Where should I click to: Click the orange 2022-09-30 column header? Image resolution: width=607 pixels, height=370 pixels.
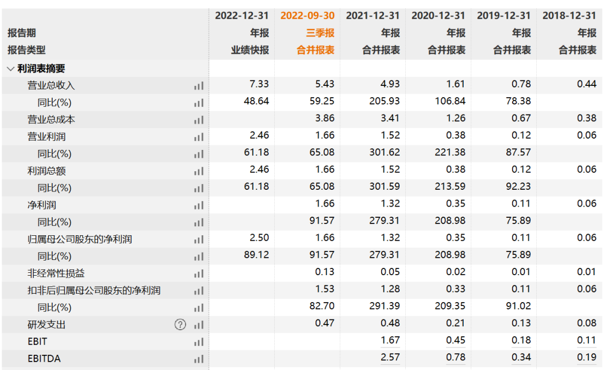click(307, 16)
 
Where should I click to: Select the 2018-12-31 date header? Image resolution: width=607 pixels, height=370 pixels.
click(569, 16)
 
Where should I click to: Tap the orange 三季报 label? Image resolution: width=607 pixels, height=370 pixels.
click(320, 33)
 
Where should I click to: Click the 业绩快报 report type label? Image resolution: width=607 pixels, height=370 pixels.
click(250, 50)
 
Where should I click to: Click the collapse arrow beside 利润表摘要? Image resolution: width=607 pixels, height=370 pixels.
click(11, 69)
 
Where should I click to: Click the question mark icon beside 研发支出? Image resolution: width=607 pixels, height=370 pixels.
click(180, 325)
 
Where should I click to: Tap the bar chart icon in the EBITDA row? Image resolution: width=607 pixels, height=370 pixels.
click(198, 359)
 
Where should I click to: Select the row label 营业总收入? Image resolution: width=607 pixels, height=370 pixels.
click(51, 85)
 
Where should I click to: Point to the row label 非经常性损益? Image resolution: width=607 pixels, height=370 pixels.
click(56, 273)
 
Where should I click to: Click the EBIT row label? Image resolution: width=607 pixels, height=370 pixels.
click(37, 342)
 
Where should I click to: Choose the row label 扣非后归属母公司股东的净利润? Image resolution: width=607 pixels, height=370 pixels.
click(94, 290)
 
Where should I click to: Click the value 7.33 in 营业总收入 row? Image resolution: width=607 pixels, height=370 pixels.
click(259, 84)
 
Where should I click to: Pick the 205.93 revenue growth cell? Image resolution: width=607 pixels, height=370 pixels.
click(384, 101)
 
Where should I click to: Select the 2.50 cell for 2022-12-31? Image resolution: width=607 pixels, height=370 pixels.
click(259, 237)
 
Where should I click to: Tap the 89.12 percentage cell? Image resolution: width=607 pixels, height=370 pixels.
click(256, 254)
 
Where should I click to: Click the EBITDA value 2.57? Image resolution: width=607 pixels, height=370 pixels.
click(390, 357)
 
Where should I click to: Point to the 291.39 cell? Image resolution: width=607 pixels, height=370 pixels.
click(384, 306)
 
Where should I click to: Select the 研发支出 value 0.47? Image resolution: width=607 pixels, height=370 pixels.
click(324, 323)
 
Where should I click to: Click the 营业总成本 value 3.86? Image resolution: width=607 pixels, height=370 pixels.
click(324, 118)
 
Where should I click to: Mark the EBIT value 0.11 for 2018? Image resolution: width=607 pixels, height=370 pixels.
click(586, 340)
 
